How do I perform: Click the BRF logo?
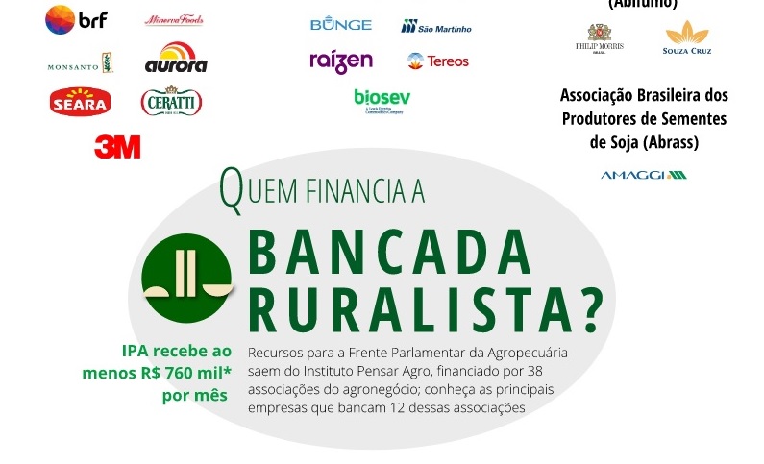(77, 19)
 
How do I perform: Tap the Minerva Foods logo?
(174, 20)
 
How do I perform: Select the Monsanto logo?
(80, 65)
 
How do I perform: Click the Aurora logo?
(175, 59)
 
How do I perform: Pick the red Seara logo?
(80, 101)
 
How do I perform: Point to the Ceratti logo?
(171, 101)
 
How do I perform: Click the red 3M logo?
(117, 146)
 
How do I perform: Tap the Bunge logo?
(340, 24)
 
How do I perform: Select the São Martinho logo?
(436, 27)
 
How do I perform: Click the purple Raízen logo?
(340, 61)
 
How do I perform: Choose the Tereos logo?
(438, 61)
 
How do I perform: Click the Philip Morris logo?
(600, 39)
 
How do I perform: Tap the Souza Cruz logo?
(687, 38)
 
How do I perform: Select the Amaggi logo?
(643, 175)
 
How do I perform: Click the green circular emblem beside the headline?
(187, 277)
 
